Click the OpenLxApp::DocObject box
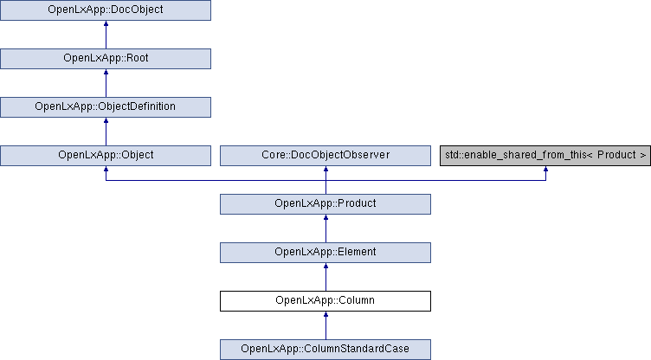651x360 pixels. [106, 10]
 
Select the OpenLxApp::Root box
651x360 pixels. [106, 59]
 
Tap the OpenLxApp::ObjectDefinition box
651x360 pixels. [106, 107]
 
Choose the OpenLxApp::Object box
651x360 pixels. [106, 156]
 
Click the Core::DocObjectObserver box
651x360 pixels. [325, 156]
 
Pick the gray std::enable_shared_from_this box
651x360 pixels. [545, 156]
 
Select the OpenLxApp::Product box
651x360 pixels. [325, 204]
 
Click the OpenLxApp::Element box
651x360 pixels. [325, 253]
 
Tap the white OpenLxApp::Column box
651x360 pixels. [325, 301]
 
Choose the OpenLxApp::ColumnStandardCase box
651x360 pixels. [325, 350]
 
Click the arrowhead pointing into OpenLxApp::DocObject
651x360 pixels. [106, 23]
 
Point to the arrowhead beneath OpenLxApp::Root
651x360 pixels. [106, 72]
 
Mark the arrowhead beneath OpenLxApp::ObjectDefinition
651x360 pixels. [106, 121]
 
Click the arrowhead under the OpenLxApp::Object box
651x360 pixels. [106, 170]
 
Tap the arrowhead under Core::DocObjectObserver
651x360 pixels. [325, 170]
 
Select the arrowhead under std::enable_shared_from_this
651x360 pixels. [545, 170]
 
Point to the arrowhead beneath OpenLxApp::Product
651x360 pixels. [325, 218]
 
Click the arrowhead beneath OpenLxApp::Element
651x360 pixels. [325, 267]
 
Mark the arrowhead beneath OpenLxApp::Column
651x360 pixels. [325, 315]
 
